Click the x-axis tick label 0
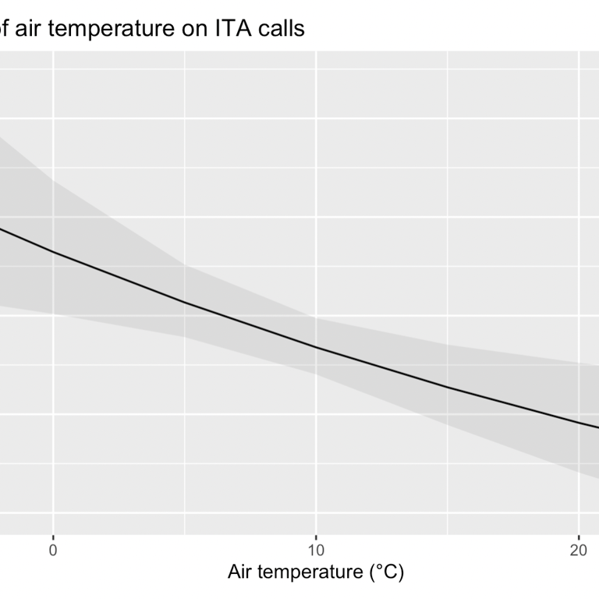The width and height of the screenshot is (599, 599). pos(53,549)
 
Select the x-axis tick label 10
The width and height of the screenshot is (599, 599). pos(316,549)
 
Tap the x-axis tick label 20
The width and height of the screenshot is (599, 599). pos(579,549)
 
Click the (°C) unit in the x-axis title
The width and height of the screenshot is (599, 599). pos(385,572)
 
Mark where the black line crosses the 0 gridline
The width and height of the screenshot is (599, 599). pos(53,252)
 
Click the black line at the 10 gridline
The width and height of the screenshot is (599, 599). pos(316,348)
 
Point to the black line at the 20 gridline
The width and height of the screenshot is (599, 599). pos(579,421)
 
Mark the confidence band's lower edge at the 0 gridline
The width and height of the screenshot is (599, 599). pos(53,314)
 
